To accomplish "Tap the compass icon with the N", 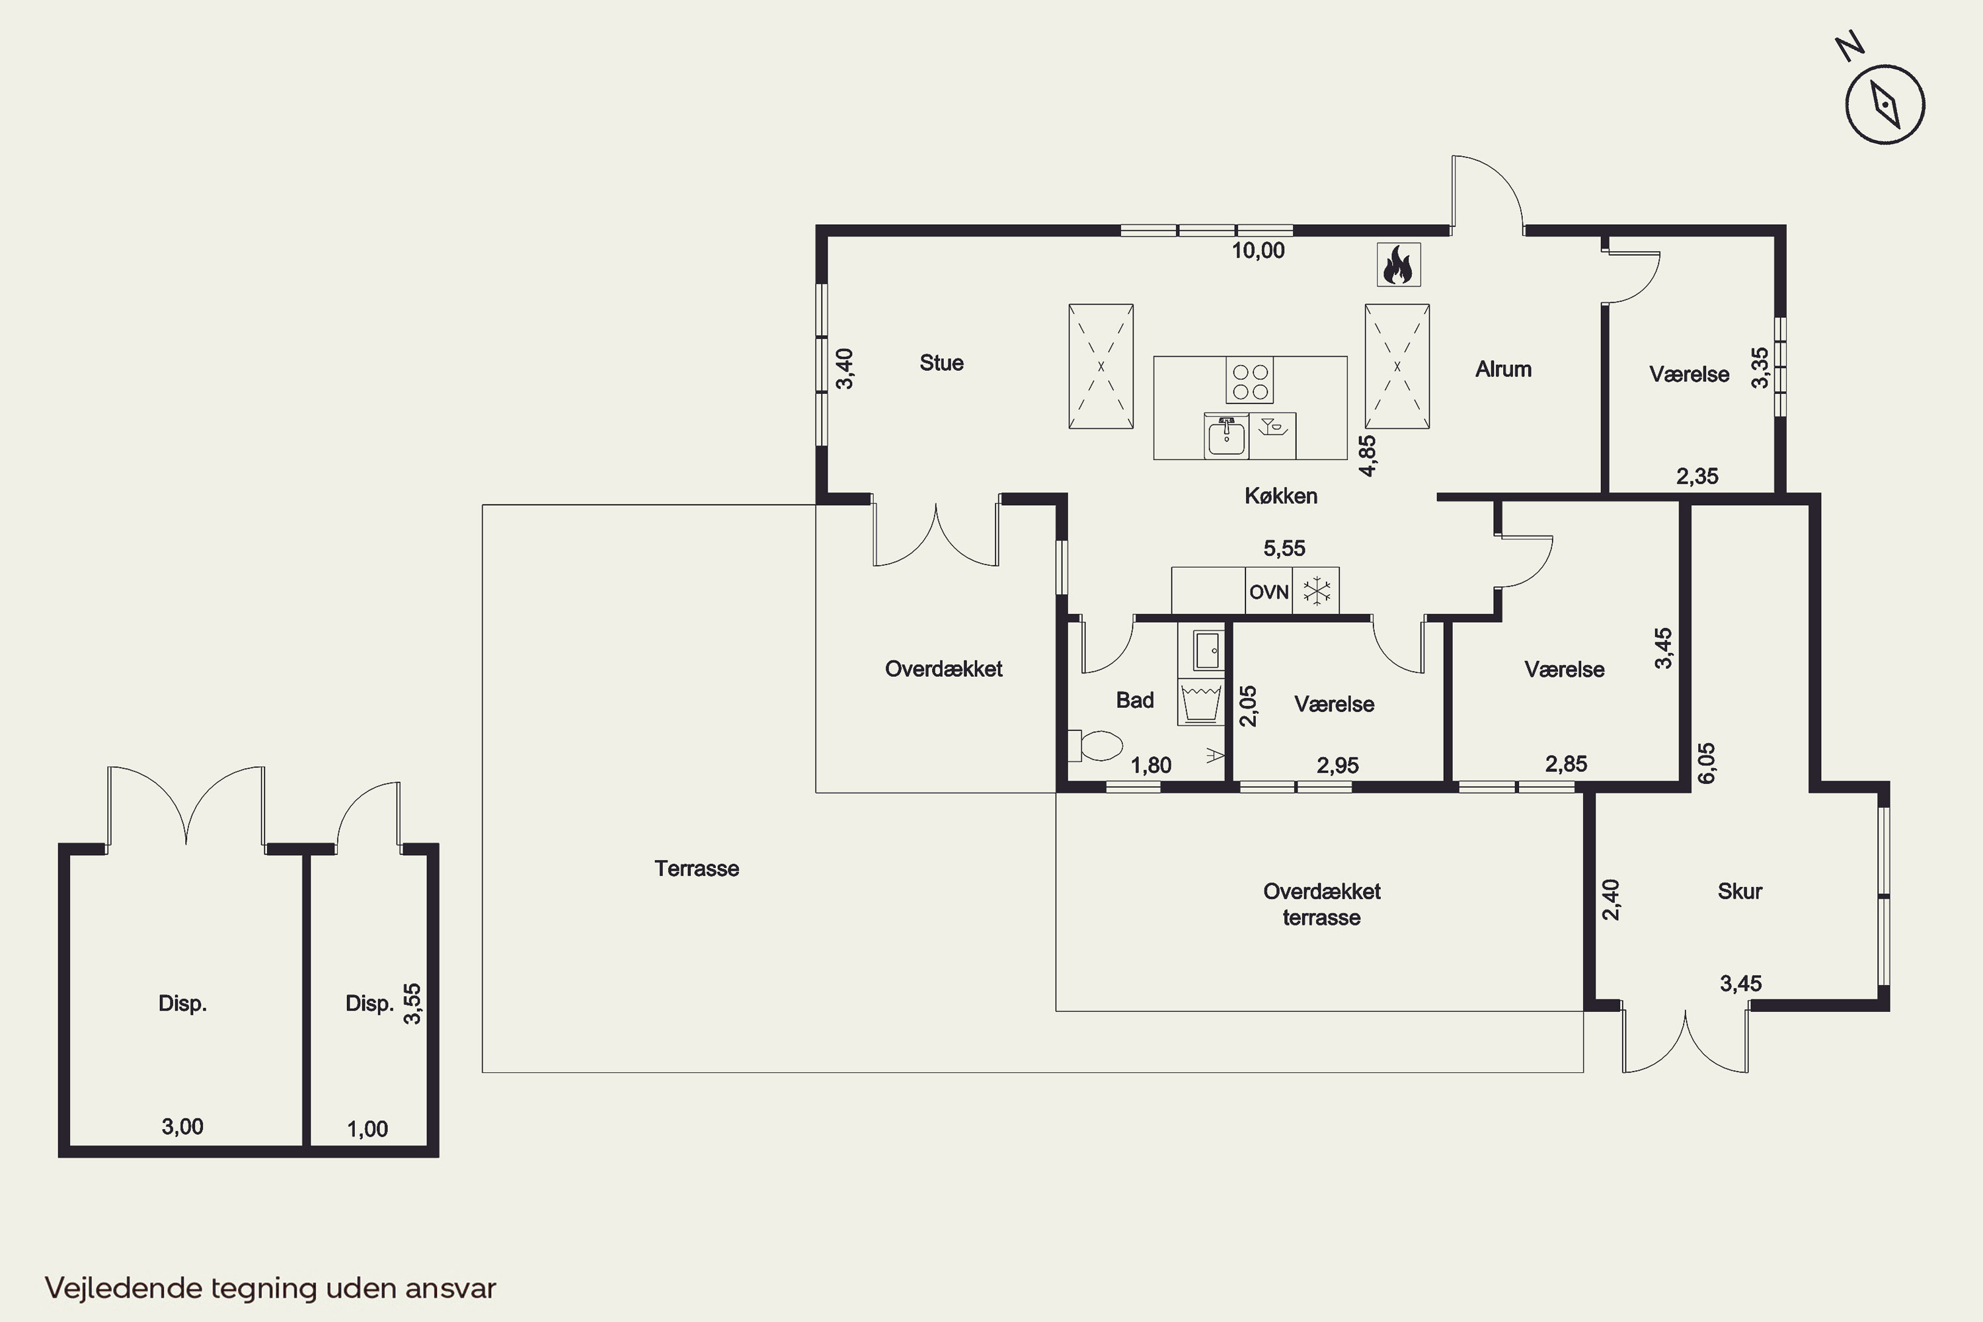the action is click(1885, 104).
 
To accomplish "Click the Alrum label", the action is click(1503, 368).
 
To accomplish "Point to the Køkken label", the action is click(1281, 496).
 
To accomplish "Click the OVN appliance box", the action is click(1269, 591).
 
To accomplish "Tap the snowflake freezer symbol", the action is click(1316, 590).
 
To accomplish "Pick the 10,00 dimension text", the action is click(1258, 251).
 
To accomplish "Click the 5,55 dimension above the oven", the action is click(1284, 548).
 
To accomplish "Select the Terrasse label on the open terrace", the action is click(697, 869).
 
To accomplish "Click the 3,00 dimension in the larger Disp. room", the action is click(182, 1126).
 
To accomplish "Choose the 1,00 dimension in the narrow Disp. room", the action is click(368, 1129).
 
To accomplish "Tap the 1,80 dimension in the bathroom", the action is click(1151, 765).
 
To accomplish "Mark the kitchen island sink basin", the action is click(1225, 437).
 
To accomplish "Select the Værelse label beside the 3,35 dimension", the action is click(1689, 374).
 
